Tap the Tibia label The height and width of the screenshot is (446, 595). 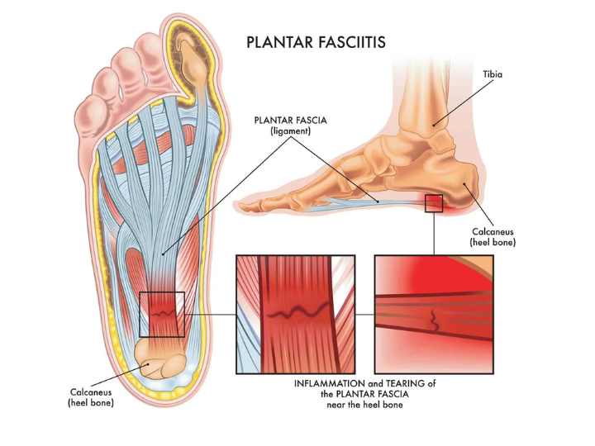coord(493,74)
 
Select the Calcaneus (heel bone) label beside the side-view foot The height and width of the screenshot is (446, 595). coord(493,237)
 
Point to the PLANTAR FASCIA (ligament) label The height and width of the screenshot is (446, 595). coord(290,126)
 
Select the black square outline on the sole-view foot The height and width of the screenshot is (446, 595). coord(162,314)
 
